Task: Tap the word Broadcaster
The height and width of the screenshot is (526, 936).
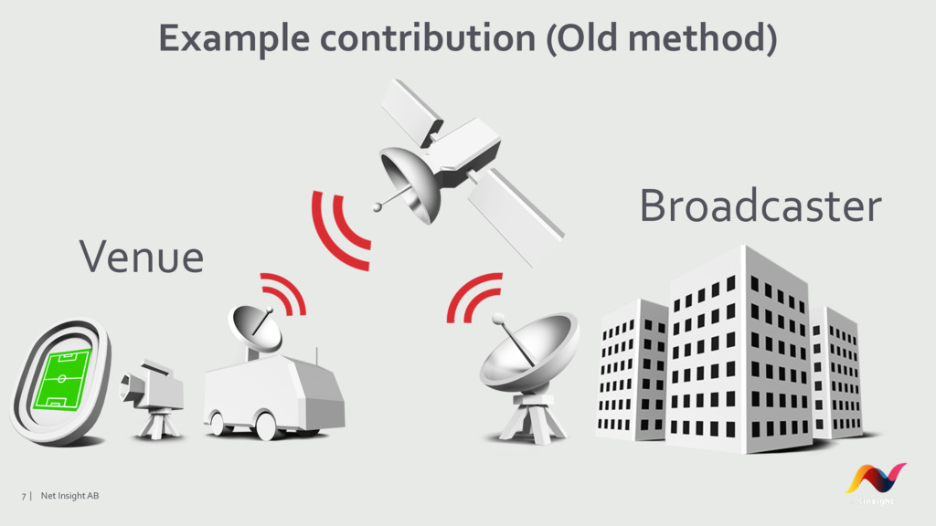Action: [760, 206]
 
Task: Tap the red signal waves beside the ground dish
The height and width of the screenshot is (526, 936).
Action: [473, 296]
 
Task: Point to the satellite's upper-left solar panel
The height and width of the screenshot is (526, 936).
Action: [410, 109]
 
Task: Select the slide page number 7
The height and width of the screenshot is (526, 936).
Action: [25, 496]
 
